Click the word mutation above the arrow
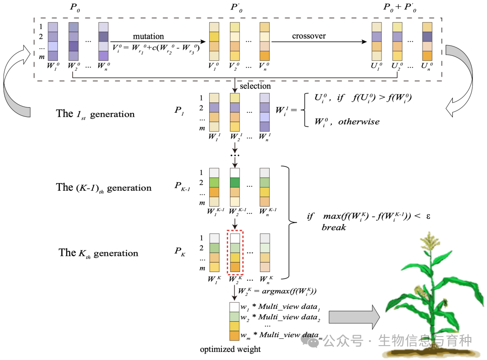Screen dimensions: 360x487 click(x=148, y=36)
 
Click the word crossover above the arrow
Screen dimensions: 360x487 click(x=309, y=36)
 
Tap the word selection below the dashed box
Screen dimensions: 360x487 click(x=255, y=86)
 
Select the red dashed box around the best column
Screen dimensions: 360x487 click(x=235, y=253)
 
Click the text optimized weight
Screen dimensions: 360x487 click(x=230, y=349)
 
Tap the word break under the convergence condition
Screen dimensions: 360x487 click(x=334, y=227)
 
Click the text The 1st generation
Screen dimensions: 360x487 click(x=95, y=114)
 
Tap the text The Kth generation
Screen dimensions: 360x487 click(x=98, y=253)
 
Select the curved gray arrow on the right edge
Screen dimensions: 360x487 click(x=465, y=81)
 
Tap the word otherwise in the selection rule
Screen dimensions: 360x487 click(x=358, y=121)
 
